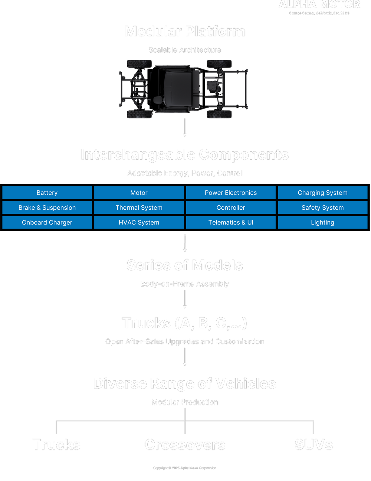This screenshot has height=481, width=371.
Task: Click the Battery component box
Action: pyautogui.click(x=47, y=193)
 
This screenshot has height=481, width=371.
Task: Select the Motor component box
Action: pyautogui.click(x=139, y=193)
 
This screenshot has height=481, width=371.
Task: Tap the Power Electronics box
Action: pyautogui.click(x=231, y=193)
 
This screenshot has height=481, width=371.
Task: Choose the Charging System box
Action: pyautogui.click(x=322, y=193)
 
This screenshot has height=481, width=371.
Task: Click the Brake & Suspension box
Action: pyautogui.click(x=47, y=207)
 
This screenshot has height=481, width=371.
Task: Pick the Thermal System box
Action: pyautogui.click(x=139, y=207)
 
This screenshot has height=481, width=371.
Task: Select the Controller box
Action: pyautogui.click(x=231, y=207)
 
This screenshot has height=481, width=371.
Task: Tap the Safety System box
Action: pyautogui.click(x=322, y=207)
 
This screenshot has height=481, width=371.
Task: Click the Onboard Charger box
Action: pyautogui.click(x=47, y=222)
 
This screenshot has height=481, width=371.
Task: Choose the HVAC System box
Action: pyautogui.click(x=139, y=222)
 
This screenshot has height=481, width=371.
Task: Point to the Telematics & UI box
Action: pyautogui.click(x=231, y=222)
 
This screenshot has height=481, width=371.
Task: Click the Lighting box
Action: pyautogui.click(x=322, y=222)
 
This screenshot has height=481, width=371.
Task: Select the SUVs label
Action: pyautogui.click(x=313, y=445)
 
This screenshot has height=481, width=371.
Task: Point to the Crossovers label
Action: pyautogui.click(x=185, y=445)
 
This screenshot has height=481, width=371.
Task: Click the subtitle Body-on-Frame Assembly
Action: pyautogui.click(x=185, y=284)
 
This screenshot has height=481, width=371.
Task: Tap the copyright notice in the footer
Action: pyautogui.click(x=185, y=468)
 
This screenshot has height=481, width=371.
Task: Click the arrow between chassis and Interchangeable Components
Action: pyautogui.click(x=185, y=128)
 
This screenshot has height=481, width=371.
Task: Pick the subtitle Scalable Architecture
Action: pyautogui.click(x=185, y=50)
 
